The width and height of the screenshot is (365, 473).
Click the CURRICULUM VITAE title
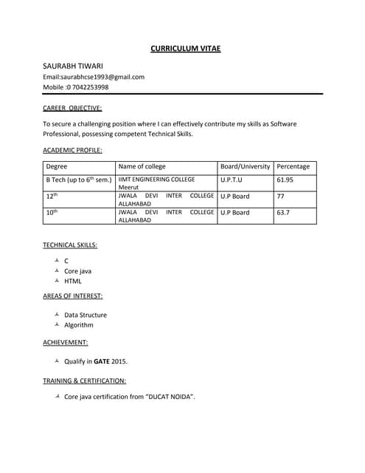click(185, 49)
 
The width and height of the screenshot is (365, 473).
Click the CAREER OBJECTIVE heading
click(72, 108)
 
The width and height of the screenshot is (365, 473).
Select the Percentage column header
click(293, 166)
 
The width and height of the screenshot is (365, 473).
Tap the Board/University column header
click(246, 166)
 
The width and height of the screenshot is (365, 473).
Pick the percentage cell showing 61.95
click(285, 180)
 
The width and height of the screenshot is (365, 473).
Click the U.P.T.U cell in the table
click(231, 180)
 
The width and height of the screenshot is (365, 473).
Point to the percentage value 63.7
click(283, 212)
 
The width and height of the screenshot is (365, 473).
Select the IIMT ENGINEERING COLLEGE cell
click(156, 180)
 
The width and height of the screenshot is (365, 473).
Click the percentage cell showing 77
click(280, 196)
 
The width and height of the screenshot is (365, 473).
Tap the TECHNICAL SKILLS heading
click(70, 245)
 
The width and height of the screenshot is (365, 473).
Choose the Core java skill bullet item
click(77, 271)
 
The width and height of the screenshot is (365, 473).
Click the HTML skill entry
click(73, 281)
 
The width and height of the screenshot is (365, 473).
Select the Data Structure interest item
click(85, 315)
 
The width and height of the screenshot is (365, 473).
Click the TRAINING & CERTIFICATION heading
click(84, 381)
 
